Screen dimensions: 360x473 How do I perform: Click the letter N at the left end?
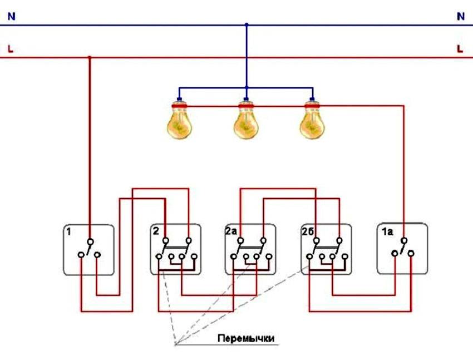click(11, 17)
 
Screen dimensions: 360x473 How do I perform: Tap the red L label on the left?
click(10, 49)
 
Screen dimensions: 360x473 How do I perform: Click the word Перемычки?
click(247, 338)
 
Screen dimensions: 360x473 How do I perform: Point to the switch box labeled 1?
click(88, 250)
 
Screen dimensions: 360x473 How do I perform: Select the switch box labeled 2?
click(176, 249)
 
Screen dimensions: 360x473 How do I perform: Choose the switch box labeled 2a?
click(250, 249)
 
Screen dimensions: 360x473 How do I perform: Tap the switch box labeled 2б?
click(326, 249)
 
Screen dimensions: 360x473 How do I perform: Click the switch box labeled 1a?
click(402, 249)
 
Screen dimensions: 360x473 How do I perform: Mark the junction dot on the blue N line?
click(247, 25)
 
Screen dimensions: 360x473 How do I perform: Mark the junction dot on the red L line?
click(89, 57)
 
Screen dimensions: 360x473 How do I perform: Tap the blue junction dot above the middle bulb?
click(247, 88)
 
